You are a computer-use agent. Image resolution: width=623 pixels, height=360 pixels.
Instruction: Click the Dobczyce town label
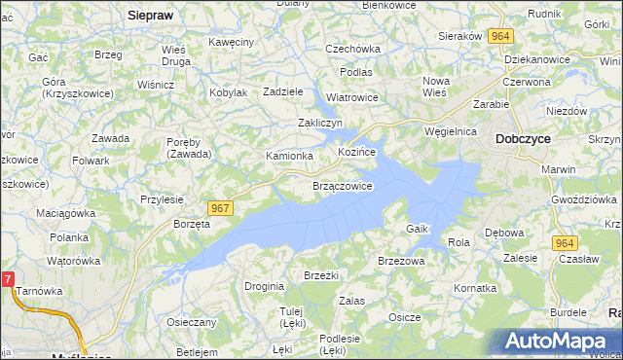coord(523,139)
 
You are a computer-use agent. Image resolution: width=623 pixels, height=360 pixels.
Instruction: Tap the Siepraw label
coord(150,16)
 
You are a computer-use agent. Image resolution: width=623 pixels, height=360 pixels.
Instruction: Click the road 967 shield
coord(220,209)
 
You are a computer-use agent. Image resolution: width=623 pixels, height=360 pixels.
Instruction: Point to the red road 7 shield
coord(7,280)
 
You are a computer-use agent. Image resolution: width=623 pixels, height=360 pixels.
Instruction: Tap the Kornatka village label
coord(475,289)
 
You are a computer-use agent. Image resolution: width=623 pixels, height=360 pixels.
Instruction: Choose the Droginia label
coord(264,286)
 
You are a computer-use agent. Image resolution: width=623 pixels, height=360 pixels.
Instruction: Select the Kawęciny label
coord(231,42)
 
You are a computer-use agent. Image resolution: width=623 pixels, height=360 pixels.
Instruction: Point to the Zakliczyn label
coord(320,123)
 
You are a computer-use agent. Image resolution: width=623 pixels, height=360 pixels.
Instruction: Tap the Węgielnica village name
coord(450,130)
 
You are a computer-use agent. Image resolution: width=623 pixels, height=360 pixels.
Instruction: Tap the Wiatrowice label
coord(351,97)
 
